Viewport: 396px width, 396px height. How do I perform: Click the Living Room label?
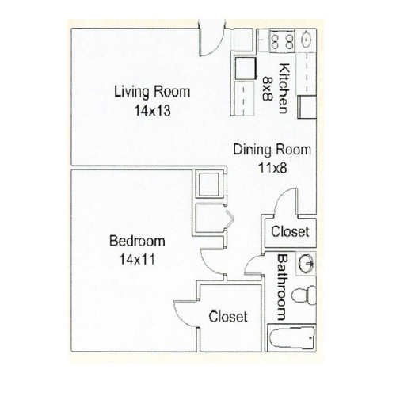tap(152, 92)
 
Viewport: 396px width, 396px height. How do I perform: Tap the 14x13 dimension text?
tap(153, 111)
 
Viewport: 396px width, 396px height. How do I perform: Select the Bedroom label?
tap(137, 241)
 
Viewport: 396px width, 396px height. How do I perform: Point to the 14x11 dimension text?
tap(137, 259)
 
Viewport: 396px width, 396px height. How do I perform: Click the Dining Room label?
tap(272, 150)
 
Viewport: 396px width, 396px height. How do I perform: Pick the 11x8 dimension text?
tap(272, 168)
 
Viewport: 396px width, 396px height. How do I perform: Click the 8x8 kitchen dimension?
tap(267, 89)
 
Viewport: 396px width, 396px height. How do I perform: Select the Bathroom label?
tap(282, 287)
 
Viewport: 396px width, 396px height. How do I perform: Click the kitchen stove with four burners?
tap(282, 41)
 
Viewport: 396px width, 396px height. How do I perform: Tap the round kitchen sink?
tap(307, 40)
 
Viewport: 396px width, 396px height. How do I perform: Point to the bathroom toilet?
tap(303, 295)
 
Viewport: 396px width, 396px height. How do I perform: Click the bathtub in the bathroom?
tap(292, 337)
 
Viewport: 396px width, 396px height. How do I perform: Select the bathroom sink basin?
tap(307, 264)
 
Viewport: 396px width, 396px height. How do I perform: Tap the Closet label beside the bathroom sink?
tap(290, 231)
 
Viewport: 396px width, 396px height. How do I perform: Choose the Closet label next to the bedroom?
tap(228, 316)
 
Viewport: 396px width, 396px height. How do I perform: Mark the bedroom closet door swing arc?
tap(177, 315)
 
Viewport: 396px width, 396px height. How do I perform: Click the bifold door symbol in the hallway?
tap(230, 219)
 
